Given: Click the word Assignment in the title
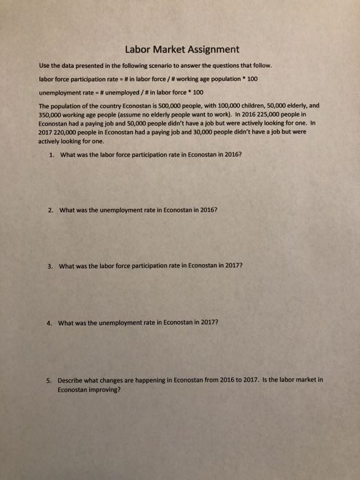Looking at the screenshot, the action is [209, 49].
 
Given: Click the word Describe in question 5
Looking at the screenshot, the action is [72, 378].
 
